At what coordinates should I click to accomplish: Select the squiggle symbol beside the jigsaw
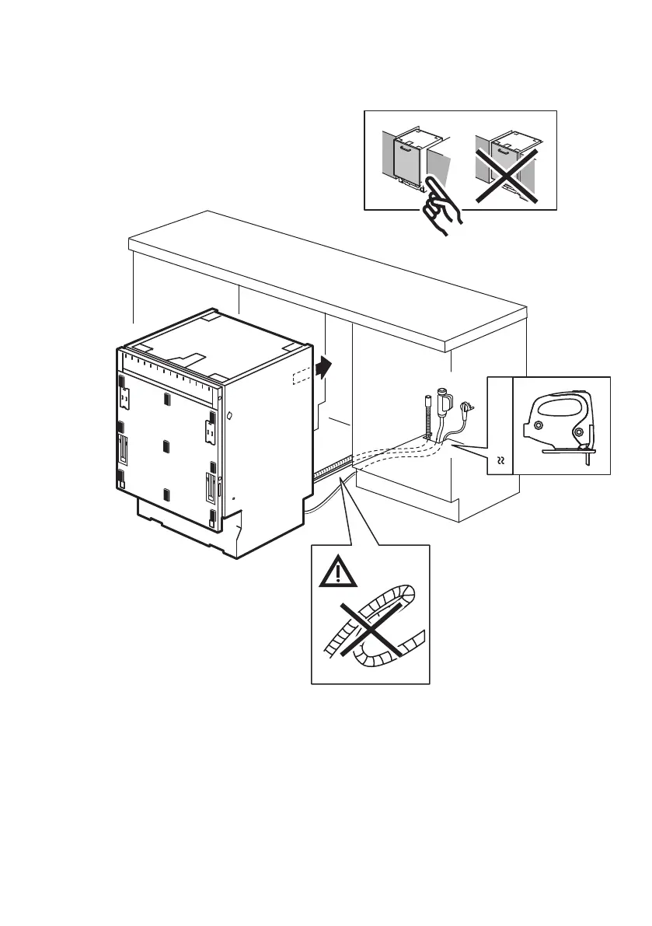500,461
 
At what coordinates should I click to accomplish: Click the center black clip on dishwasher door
167,447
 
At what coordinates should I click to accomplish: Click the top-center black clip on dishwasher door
167,400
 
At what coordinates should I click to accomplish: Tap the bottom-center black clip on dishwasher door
167,494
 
